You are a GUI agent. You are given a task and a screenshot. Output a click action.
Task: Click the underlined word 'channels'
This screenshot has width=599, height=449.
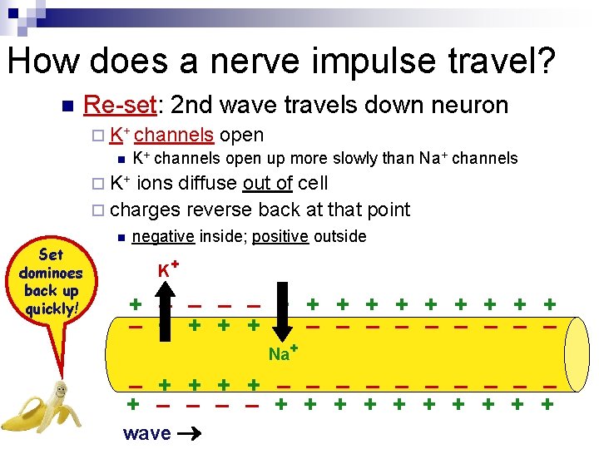click(173, 135)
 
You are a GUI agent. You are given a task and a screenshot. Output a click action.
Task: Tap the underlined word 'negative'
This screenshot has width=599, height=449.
click(163, 236)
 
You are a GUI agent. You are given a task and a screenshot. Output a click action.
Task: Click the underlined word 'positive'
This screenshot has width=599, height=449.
click(280, 236)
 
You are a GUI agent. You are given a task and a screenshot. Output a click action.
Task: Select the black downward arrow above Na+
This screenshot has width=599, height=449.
click(284, 320)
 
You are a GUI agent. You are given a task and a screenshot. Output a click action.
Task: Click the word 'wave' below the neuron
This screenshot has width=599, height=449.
click(146, 433)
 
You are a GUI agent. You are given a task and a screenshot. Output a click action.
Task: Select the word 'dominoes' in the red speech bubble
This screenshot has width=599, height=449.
click(52, 274)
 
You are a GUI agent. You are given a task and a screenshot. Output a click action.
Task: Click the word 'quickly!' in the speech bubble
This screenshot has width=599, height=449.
click(52, 309)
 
